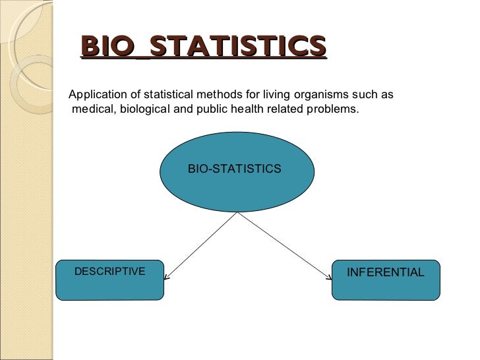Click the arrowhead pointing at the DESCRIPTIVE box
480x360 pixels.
click(166, 277)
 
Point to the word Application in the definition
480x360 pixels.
click(96, 96)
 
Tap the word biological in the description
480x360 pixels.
click(144, 109)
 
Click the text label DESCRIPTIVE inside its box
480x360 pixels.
click(109, 272)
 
